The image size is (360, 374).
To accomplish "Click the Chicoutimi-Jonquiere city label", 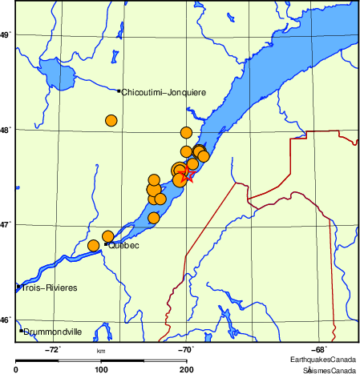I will point(164,93).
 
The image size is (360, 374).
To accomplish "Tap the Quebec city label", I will point(123,245).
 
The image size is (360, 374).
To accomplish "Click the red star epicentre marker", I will point(186,176).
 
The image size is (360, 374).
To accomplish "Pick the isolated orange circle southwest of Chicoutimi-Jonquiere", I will point(111,121).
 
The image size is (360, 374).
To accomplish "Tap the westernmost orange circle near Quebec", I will point(94,245).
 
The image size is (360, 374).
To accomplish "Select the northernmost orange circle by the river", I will point(186,133).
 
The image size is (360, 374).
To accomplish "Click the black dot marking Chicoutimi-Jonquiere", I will point(119,91).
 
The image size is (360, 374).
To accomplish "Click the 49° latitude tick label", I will point(6,35).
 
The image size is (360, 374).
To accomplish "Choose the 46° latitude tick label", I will point(6,320).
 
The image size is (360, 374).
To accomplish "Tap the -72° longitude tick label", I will point(54,349).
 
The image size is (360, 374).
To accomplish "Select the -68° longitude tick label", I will point(318,349).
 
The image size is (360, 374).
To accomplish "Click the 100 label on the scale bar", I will point(101,368).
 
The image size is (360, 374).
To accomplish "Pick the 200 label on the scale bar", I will point(186,368).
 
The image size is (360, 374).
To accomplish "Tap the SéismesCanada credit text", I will point(329,370).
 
